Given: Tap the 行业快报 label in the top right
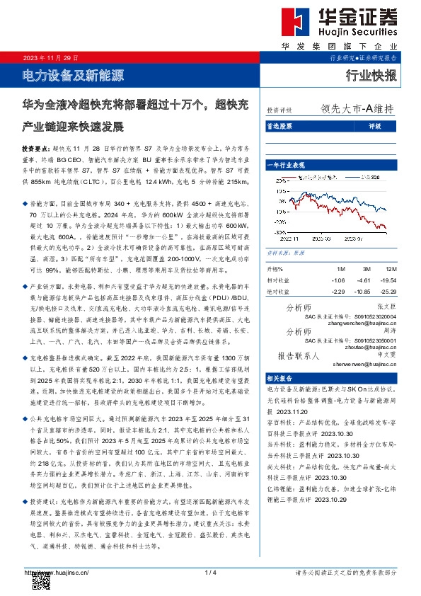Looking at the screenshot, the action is point(372,74).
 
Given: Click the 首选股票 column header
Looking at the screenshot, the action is point(280,127).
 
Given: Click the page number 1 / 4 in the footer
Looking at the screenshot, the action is point(209,572).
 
